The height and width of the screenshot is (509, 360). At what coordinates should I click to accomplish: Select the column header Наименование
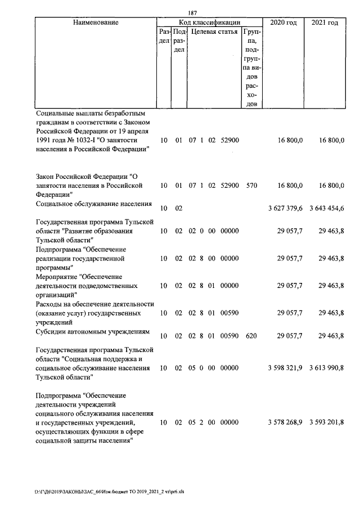click(x=96, y=22)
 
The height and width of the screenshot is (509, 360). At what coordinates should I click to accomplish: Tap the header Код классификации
click(x=209, y=22)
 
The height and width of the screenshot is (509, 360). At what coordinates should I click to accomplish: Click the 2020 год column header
click(x=283, y=22)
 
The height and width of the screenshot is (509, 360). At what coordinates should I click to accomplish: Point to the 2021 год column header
click(x=325, y=22)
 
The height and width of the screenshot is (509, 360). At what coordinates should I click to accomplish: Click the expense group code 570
click(x=251, y=185)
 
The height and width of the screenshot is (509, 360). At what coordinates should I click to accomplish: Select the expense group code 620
click(x=251, y=336)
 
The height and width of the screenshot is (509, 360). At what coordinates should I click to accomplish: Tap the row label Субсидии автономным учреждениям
click(x=92, y=332)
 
